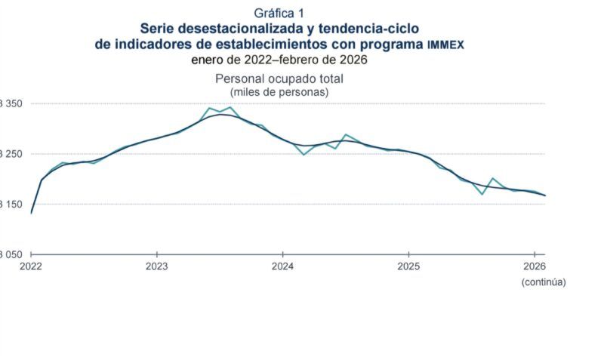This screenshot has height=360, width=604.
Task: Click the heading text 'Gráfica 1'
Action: [279, 13]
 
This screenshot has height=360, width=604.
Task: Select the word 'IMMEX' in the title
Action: [445, 45]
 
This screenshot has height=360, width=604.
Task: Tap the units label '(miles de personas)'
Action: [279, 91]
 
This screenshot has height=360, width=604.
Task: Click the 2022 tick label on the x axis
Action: [31, 266]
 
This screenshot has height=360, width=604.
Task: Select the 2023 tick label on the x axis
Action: [157, 266]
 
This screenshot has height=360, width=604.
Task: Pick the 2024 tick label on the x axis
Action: [282, 266]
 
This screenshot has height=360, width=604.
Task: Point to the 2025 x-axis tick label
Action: [408, 266]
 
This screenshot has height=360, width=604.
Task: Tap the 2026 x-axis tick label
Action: [534, 266]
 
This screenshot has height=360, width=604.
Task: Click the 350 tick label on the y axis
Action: [13, 103]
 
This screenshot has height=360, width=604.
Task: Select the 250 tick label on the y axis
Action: [13, 154]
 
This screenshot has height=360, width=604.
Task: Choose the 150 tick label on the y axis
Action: [13, 205]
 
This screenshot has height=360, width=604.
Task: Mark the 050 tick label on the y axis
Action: [13, 255]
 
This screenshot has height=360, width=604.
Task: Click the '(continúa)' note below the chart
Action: [543, 282]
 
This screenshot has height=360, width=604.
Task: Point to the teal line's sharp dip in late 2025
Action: [482, 194]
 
